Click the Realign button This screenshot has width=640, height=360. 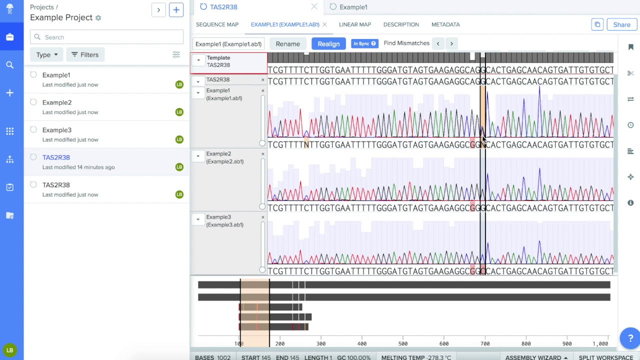pos(328,44)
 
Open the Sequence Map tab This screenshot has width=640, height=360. pos(217,24)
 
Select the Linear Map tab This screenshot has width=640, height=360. pos(355,24)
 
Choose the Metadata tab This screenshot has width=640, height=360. pos(445,24)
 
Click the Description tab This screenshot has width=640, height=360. pos(401,24)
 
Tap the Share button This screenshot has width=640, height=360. pos(621,24)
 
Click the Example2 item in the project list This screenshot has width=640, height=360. pos(57,102)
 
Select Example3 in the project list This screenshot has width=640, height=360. pos(57,130)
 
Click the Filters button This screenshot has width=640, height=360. pos(85,55)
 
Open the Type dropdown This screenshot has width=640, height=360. pos(47,55)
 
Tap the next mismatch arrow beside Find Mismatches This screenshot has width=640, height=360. pos(451,43)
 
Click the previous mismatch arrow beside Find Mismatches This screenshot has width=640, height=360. pos(438,43)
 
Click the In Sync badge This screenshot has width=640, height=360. pos(364,43)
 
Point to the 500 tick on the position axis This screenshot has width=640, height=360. pos(403,343)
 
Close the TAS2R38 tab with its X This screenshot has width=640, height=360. pos(314,7)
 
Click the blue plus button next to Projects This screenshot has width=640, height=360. pos(176,10)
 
